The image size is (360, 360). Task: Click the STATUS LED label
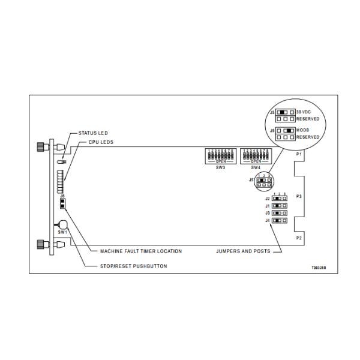[94, 133]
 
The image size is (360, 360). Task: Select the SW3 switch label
[220, 167]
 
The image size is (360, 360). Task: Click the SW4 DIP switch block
[254, 155]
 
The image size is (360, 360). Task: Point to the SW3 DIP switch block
[220, 155]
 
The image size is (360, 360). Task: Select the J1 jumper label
[268, 206]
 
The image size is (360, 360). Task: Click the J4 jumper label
[268, 221]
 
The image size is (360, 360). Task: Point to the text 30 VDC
[304, 112]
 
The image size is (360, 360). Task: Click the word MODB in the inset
[302, 130]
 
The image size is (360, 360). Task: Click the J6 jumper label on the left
[62, 195]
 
